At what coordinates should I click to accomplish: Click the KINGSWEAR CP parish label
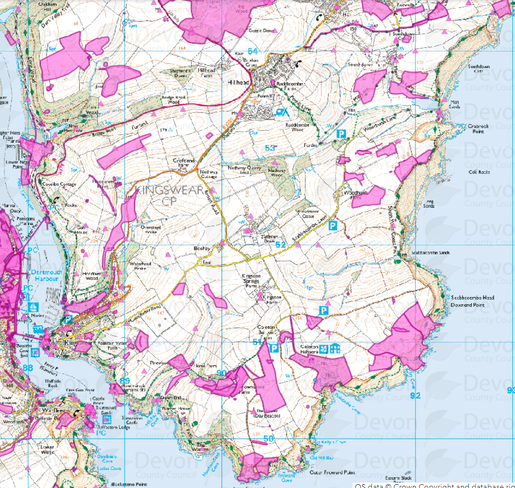[169, 196]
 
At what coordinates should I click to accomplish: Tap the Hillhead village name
[238, 82]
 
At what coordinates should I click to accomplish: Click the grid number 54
[252, 50]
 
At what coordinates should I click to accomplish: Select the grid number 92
[415, 395]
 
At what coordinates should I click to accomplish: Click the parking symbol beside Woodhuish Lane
[341, 133]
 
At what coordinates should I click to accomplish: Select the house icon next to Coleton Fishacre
[336, 348]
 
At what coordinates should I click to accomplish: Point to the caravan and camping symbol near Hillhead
[282, 113]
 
